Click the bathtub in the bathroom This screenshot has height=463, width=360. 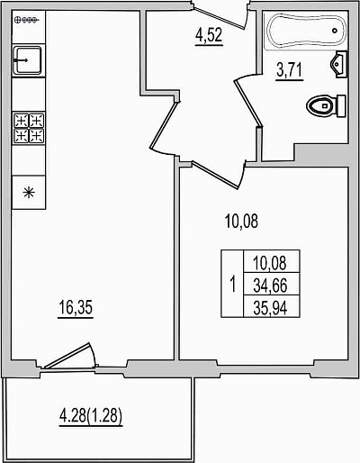[x=305, y=31]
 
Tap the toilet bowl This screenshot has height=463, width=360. [x=319, y=106]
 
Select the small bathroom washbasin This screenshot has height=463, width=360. [x=339, y=64]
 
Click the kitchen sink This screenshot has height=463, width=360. [x=29, y=60]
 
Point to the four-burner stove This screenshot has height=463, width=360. [x=29, y=128]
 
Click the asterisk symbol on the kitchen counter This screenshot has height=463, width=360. [x=29, y=193]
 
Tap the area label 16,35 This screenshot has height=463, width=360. [x=76, y=307]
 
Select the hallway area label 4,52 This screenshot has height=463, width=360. [x=209, y=35]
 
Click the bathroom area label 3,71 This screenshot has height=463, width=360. [x=289, y=70]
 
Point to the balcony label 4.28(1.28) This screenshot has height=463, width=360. [x=91, y=416]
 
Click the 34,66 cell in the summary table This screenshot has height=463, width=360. [x=271, y=286]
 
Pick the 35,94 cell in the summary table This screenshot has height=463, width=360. [x=271, y=307]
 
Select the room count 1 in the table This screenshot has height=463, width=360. [x=232, y=285]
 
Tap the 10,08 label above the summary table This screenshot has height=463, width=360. [x=241, y=222]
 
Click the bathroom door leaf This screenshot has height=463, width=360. [x=248, y=102]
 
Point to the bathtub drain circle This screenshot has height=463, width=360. [x=335, y=31]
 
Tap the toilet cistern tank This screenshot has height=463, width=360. [x=341, y=105]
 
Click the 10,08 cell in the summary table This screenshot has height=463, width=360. [x=271, y=262]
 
